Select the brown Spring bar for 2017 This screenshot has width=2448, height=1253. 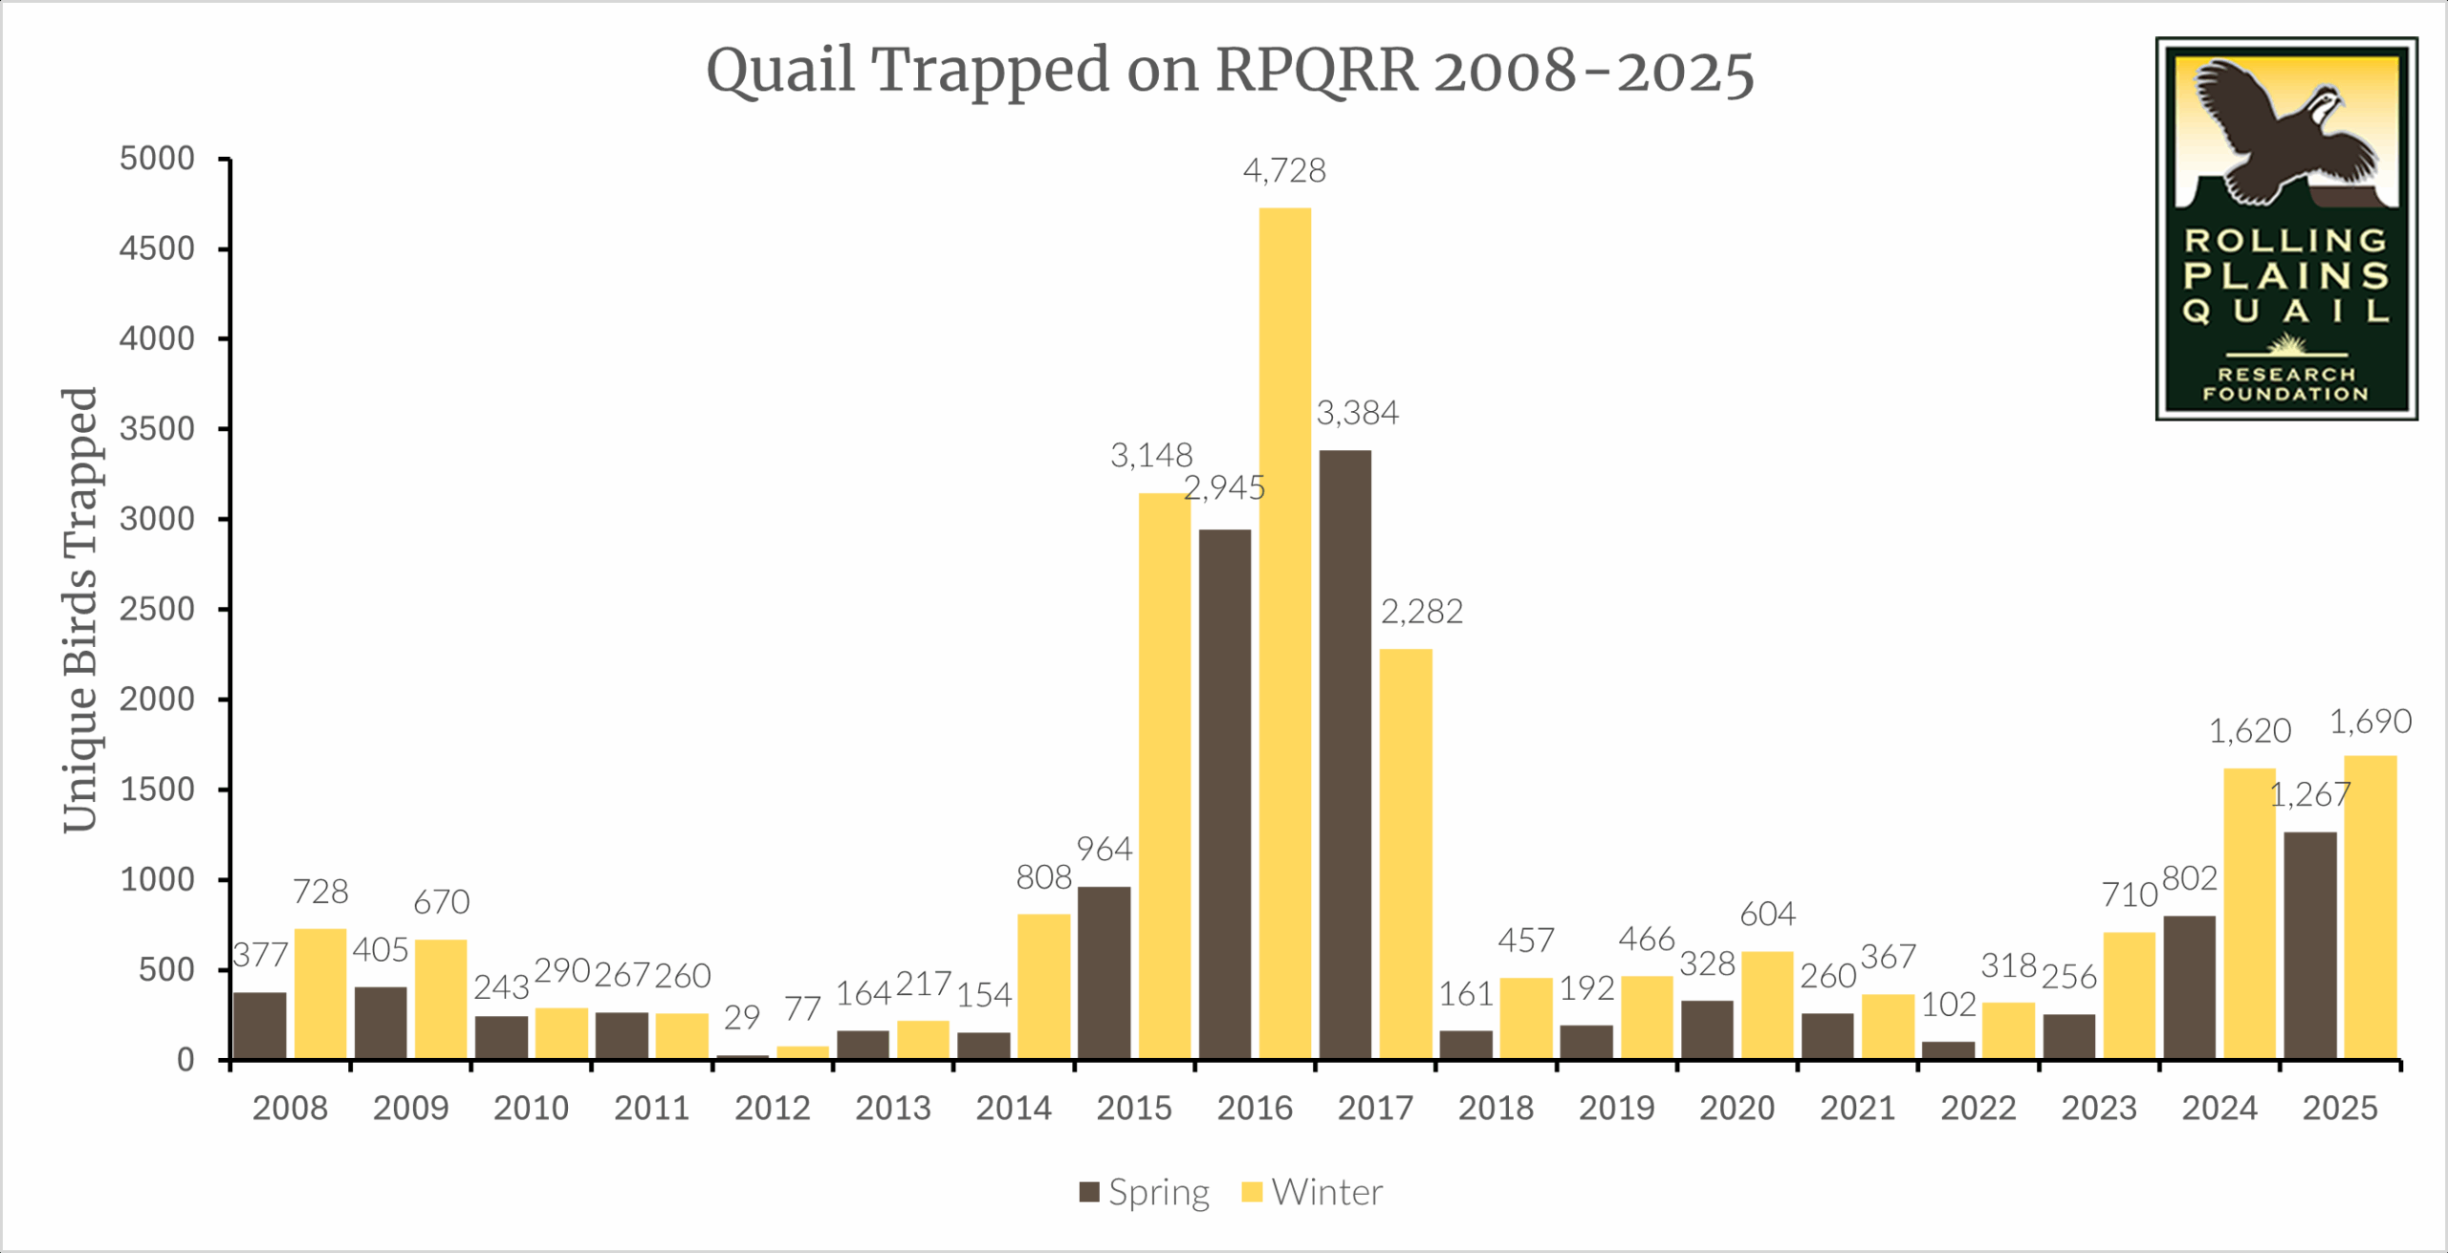[1344, 754]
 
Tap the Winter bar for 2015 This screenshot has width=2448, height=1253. [1164, 775]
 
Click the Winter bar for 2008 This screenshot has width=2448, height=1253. [320, 993]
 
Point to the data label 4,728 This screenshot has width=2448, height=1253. [1284, 171]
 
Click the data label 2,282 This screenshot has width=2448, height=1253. [1421, 612]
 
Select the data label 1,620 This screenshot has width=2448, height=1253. [2249, 731]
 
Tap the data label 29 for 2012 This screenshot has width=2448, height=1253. [741, 1018]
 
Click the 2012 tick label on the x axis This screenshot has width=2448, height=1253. [772, 1109]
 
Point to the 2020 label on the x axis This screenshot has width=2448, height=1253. [1737, 1109]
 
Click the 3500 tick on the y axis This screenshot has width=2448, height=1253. [157, 429]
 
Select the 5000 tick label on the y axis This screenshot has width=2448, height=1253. [157, 159]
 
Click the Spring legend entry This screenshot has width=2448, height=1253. [1144, 1193]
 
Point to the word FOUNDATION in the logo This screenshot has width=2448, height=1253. [2285, 394]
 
